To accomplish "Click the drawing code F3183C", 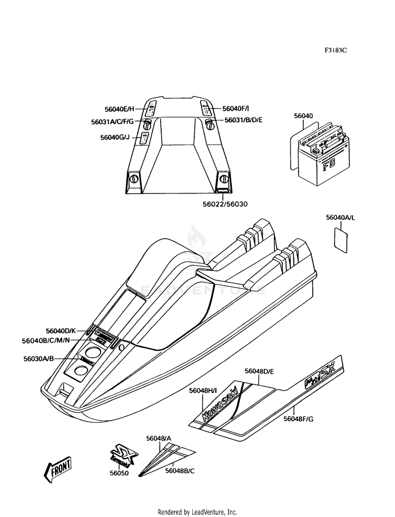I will tap(335, 51).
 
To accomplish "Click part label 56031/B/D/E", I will tap(243, 120).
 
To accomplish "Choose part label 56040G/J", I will tap(115, 138).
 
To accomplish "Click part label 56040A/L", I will tap(341, 217).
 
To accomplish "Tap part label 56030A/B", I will tap(38, 358).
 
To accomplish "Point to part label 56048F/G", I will tap(299, 419).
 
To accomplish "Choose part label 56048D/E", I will tap(259, 372).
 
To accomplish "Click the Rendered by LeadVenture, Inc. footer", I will tap(197, 512).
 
